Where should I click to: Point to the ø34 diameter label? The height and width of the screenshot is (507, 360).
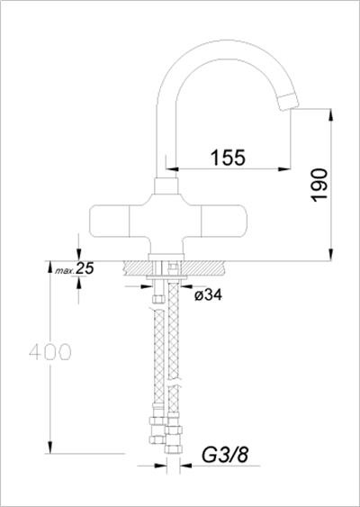coord(208,294)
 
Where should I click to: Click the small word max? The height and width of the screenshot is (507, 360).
coord(63,270)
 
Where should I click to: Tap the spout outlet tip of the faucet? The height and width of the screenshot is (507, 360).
coord(291,102)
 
